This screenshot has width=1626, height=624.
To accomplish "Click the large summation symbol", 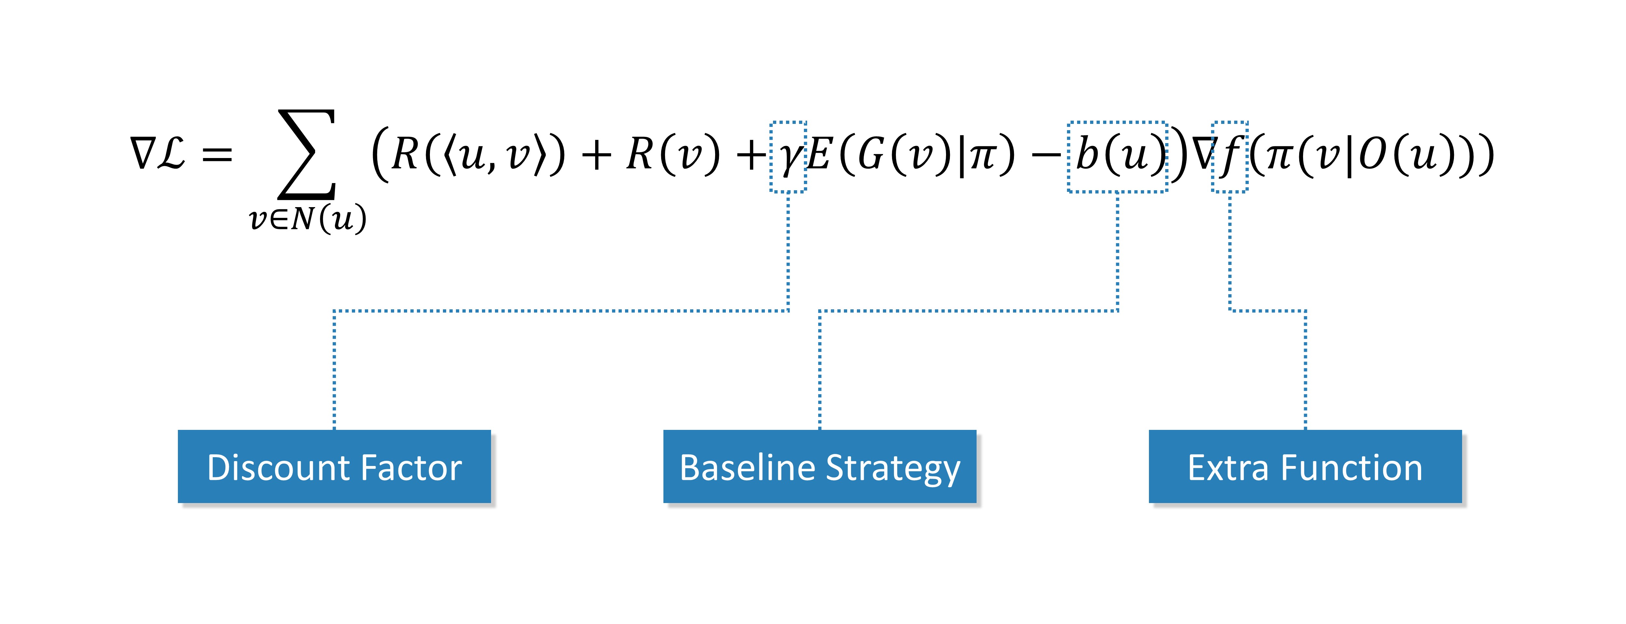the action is pos(307,154).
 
